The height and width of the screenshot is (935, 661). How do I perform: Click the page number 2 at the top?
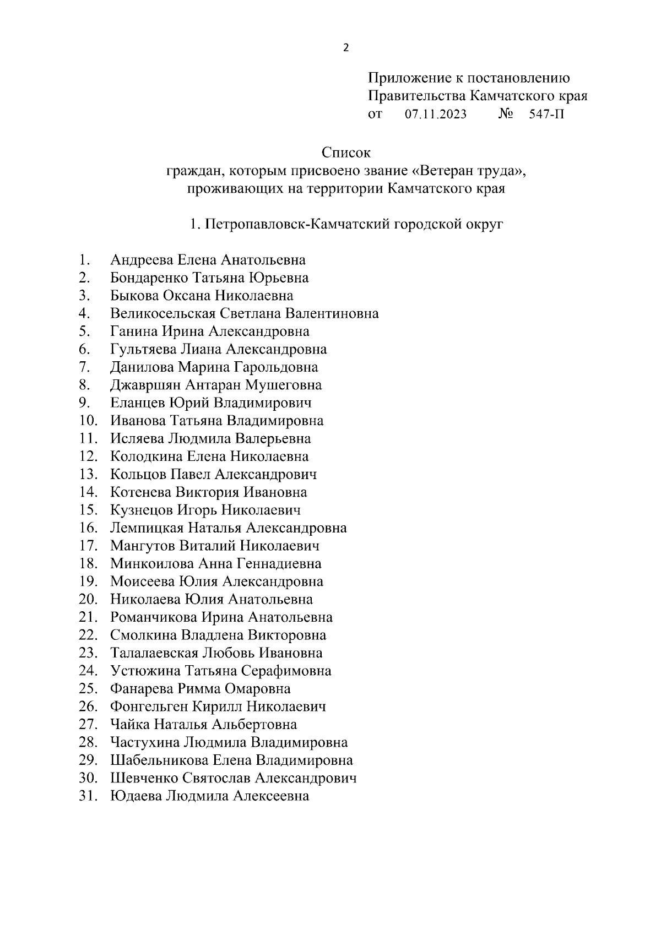click(x=345, y=48)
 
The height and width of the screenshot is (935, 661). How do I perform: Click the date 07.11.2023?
click(x=435, y=115)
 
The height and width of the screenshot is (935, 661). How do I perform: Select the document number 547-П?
click(x=546, y=115)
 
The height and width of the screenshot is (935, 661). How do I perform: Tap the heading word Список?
click(x=346, y=153)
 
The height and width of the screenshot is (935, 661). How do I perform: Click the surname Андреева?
click(x=142, y=260)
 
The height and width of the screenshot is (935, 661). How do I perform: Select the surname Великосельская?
click(x=163, y=314)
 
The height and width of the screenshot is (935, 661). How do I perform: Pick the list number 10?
click(x=88, y=421)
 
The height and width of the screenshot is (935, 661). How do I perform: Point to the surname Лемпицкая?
click(x=147, y=528)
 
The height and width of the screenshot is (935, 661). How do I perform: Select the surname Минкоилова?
click(x=152, y=564)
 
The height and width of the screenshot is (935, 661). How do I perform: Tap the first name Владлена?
click(x=213, y=635)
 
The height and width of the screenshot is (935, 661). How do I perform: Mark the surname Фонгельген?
click(x=149, y=706)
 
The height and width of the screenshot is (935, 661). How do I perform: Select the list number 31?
click(x=88, y=796)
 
